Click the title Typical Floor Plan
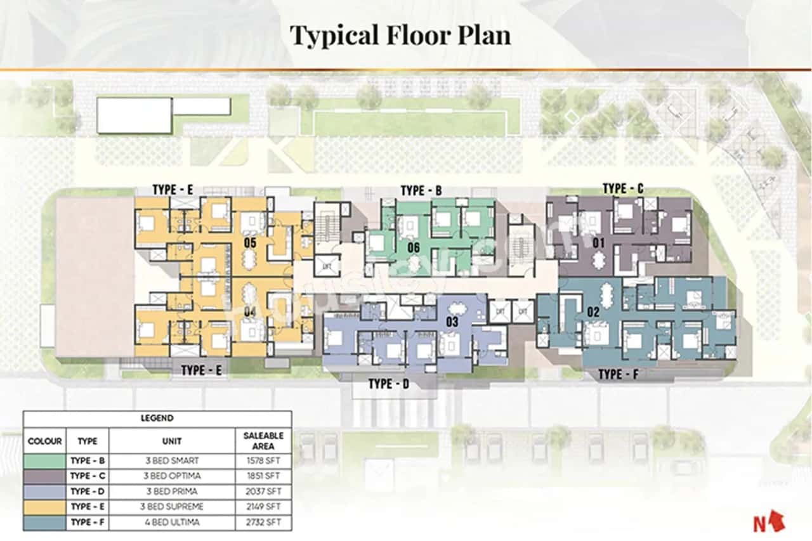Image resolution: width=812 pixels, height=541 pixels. tap(400, 36)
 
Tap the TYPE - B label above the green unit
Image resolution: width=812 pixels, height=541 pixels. tap(421, 190)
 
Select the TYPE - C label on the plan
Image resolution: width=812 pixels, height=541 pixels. tap(623, 188)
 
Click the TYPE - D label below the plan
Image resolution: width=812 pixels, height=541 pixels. tap(389, 384)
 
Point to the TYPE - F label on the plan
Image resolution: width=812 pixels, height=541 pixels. tap(618, 375)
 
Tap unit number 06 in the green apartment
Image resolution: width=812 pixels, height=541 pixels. tap(414, 247)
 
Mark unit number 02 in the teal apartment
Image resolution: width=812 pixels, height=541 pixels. tap(593, 311)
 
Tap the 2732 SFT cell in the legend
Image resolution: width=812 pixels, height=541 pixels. tap(263, 523)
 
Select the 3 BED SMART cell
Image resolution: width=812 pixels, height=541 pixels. tap(171, 459)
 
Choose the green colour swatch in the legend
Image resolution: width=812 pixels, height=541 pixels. tap(45, 459)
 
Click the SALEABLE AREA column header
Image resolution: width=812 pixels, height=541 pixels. tap(263, 440)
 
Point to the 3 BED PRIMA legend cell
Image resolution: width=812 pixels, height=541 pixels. tap(171, 492)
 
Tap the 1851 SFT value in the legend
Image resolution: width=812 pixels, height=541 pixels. tap(263, 476)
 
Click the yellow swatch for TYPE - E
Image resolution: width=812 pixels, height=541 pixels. tap(45, 507)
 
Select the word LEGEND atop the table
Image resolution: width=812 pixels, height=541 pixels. tap(157, 419)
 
